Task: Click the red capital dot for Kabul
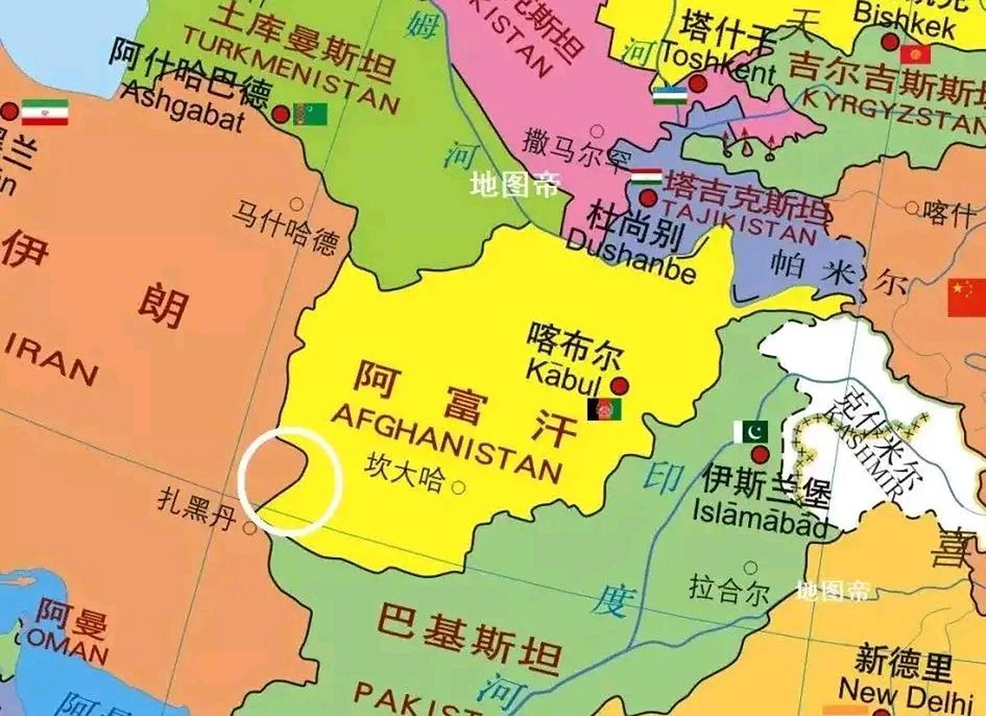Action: [x=619, y=385]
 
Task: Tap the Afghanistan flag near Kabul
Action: [x=604, y=409]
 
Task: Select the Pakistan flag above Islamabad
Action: [x=751, y=431]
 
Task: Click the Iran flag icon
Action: [x=45, y=112]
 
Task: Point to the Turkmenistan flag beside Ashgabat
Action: [x=310, y=115]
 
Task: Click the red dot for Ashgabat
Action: [x=281, y=115]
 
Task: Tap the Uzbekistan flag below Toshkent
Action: [x=669, y=95]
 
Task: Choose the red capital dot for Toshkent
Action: [x=697, y=84]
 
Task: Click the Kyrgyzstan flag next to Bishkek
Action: [x=916, y=55]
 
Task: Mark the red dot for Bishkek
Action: [x=890, y=41]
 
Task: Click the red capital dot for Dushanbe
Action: [x=648, y=197]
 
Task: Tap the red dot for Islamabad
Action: [x=759, y=455]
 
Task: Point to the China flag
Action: [x=966, y=298]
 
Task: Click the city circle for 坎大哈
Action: [x=458, y=488]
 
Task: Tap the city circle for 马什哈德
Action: [x=296, y=204]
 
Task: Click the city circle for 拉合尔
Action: [x=751, y=568]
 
